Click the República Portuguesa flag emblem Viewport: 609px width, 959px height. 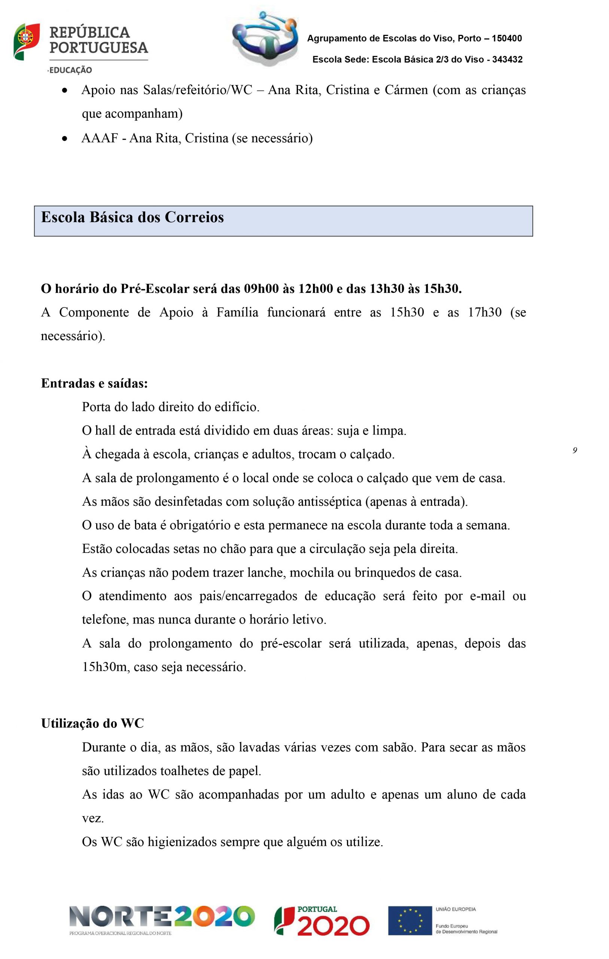tap(26, 42)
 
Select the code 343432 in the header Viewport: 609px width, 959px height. tap(507, 60)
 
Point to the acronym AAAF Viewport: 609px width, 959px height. tap(100, 138)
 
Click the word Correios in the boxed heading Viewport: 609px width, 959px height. tap(194, 217)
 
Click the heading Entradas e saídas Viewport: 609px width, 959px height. tap(94, 383)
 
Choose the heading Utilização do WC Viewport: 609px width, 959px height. tap(92, 723)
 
